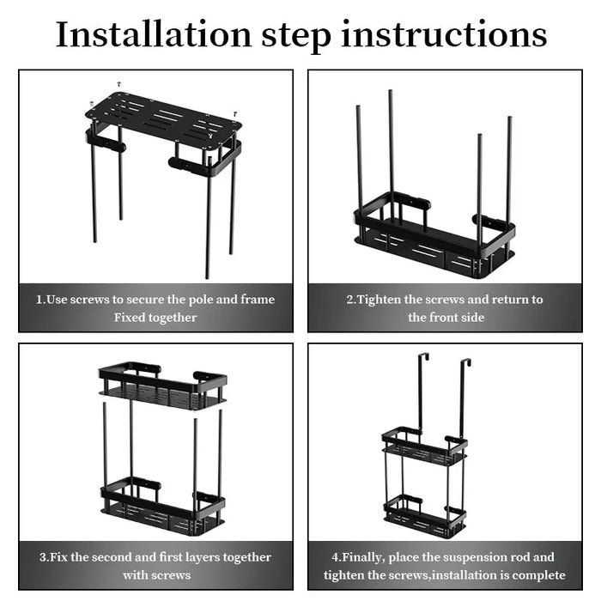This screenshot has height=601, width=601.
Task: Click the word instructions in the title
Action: pyautogui.click(x=444, y=35)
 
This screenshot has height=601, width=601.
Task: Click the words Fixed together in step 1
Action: pyautogui.click(x=155, y=318)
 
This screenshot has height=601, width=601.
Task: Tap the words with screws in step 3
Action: pyautogui.click(x=155, y=575)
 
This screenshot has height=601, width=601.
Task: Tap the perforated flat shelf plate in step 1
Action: pyautogui.click(x=163, y=119)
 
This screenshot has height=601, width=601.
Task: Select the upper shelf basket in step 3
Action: pyautogui.click(x=162, y=386)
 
